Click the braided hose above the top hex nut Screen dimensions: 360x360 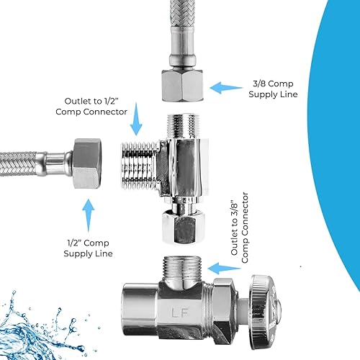click(186, 29)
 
